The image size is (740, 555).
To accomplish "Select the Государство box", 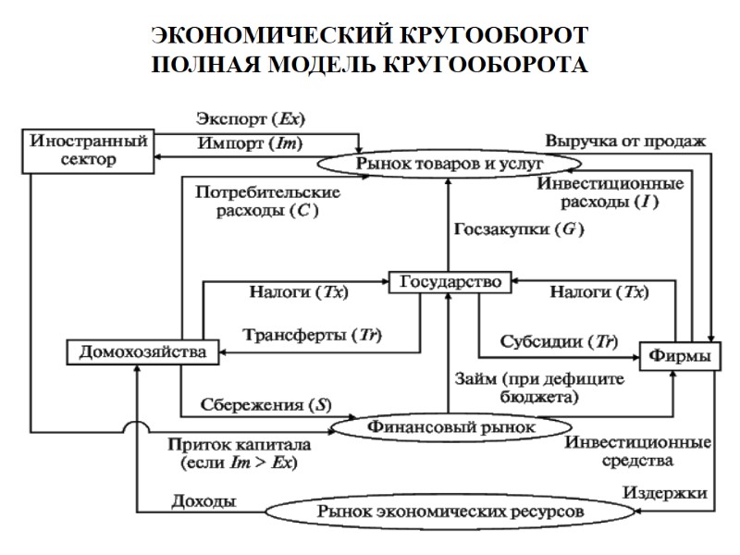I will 450,281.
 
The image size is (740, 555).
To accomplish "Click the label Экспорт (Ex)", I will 251,118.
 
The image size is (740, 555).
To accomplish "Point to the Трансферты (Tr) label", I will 312,334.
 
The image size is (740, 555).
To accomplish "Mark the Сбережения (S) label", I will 265,405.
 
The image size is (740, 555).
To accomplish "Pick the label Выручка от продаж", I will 624,142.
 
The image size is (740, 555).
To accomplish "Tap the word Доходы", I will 203,501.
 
